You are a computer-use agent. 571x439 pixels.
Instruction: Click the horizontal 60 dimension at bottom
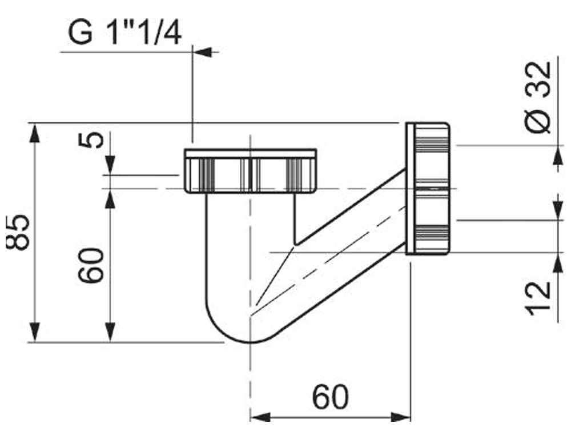click(x=331, y=397)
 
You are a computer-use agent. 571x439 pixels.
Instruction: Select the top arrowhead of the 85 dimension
click(x=35, y=133)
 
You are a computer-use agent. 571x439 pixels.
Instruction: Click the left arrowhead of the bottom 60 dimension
click(x=260, y=417)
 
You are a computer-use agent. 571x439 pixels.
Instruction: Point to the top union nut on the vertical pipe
click(x=250, y=171)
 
